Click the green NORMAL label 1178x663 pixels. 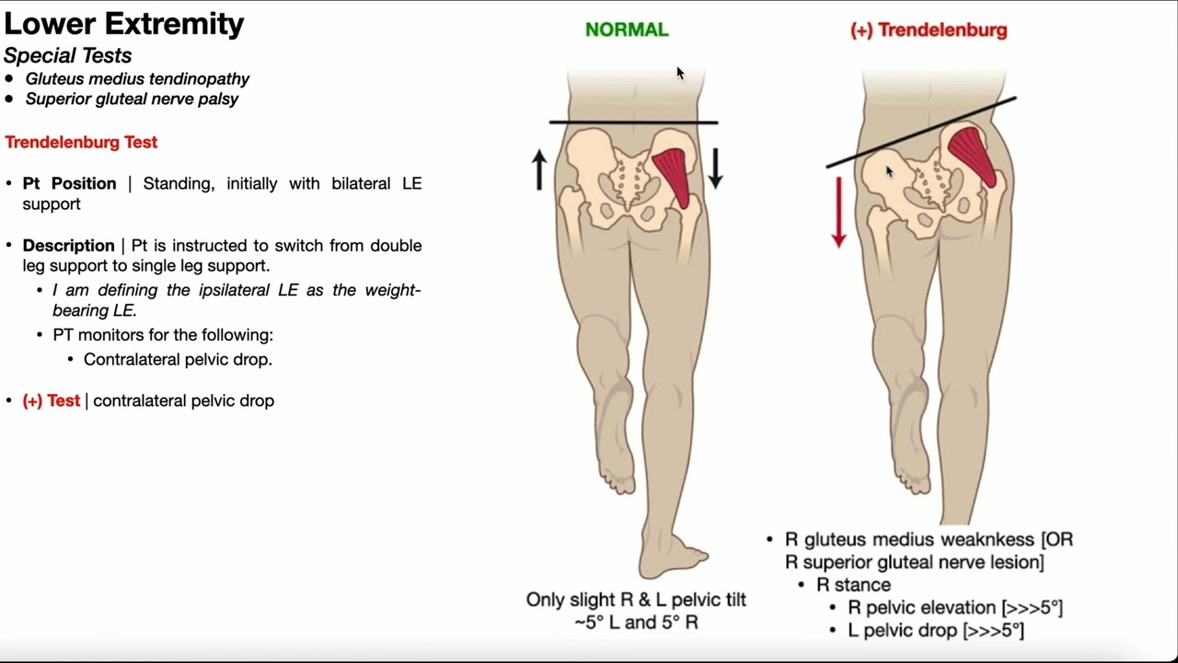627,29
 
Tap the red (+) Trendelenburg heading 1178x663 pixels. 928,29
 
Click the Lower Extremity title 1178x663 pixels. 124,23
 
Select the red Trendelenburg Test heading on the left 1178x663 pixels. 81,142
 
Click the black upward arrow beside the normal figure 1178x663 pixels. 539,170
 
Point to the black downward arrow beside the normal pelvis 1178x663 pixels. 715,168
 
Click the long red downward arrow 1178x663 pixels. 838,212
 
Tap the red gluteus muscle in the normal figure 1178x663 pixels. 674,175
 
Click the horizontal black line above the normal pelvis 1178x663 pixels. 633,122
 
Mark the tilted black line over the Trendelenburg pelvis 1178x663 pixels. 920,132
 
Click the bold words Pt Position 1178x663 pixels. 70,183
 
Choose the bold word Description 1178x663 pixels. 69,245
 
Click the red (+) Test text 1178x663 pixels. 52,401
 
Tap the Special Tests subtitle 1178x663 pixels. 67,55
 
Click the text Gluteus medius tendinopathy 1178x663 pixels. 137,79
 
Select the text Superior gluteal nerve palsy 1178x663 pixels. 132,99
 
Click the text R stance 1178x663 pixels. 853,585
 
